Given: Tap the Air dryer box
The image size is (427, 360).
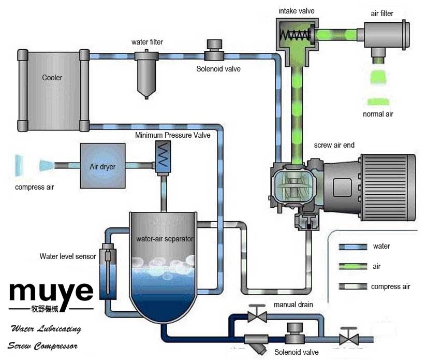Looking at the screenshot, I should pyautogui.click(x=102, y=166).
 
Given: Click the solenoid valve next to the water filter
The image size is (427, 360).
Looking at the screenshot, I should pyautogui.click(x=213, y=50).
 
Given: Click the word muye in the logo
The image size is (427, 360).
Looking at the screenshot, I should pyautogui.click(x=51, y=292).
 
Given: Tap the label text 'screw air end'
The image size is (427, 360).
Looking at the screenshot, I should pyautogui.click(x=334, y=146).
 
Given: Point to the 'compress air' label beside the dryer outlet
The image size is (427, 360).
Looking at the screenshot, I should pyautogui.click(x=34, y=186).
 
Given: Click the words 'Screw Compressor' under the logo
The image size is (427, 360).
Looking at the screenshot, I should pyautogui.click(x=42, y=345).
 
